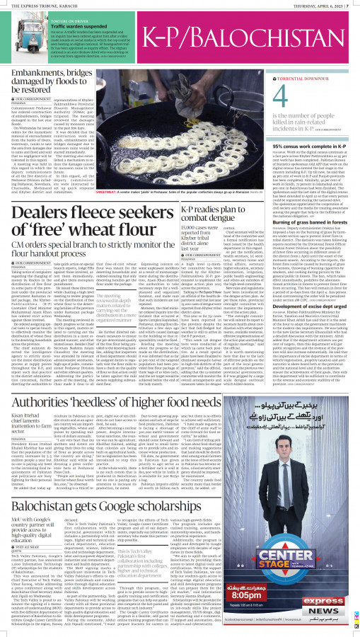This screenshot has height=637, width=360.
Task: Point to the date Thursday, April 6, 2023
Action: coord(319,4)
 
